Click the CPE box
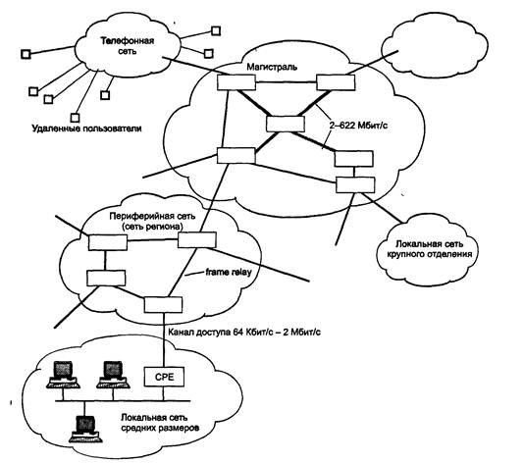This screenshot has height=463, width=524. [x=164, y=377]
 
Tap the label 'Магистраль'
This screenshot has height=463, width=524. [x=272, y=67]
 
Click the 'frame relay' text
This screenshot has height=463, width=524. [x=229, y=273]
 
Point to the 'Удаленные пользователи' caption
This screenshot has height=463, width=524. [x=87, y=129]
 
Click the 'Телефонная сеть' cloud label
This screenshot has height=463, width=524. [x=128, y=46]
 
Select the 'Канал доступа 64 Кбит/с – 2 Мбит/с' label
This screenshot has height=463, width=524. [x=244, y=333]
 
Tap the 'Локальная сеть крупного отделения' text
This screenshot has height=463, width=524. [x=430, y=249]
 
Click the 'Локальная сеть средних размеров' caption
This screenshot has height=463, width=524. [x=160, y=422]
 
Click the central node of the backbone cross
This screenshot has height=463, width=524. [x=286, y=124]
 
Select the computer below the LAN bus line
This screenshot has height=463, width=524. [x=84, y=429]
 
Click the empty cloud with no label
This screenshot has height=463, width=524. [x=435, y=50]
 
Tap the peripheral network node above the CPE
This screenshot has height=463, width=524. [x=164, y=304]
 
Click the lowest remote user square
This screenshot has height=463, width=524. [x=76, y=118]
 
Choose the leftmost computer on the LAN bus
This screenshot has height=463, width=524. [x=63, y=374]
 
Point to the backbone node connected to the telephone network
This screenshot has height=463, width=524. [x=236, y=82]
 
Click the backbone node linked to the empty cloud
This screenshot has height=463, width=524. [x=336, y=82]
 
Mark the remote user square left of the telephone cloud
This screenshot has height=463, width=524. [x=26, y=54]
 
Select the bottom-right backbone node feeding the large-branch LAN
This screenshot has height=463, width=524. [x=355, y=184]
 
